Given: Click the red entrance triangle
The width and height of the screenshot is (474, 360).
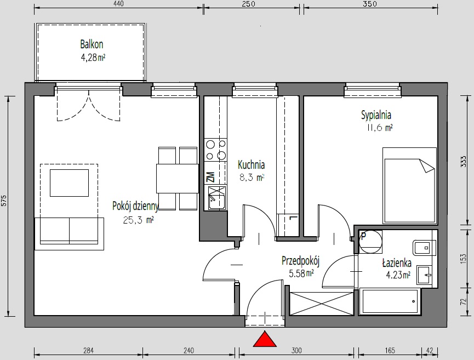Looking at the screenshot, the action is click(265, 339).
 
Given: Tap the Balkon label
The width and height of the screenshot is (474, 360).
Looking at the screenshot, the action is click(92, 44).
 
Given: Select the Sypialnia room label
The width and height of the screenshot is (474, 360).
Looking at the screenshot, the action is click(376, 115).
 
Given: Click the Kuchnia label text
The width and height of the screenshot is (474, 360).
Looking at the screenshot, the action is click(251, 165).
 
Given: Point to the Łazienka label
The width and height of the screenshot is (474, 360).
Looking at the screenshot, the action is click(397, 263).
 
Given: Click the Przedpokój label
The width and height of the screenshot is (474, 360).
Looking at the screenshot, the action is click(300, 261).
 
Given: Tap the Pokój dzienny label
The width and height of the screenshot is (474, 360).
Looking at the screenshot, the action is click(135, 206).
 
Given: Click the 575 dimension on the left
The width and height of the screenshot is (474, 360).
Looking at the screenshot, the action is click(4, 201).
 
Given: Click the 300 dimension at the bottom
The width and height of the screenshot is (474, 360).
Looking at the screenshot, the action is click(296, 350).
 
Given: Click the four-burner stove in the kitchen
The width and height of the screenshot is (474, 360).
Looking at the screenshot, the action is click(215, 150).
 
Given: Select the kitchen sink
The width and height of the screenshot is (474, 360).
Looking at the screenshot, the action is click(217, 198).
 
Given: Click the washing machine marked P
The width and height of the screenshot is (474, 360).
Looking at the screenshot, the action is click(370, 242).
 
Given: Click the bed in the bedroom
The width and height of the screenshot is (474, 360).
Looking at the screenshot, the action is click(409, 186).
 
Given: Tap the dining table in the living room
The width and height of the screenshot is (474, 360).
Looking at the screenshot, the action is click(178, 178).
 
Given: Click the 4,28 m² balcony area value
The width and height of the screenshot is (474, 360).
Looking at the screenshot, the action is click(93, 58).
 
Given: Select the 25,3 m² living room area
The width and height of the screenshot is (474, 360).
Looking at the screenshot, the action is click(139, 220).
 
